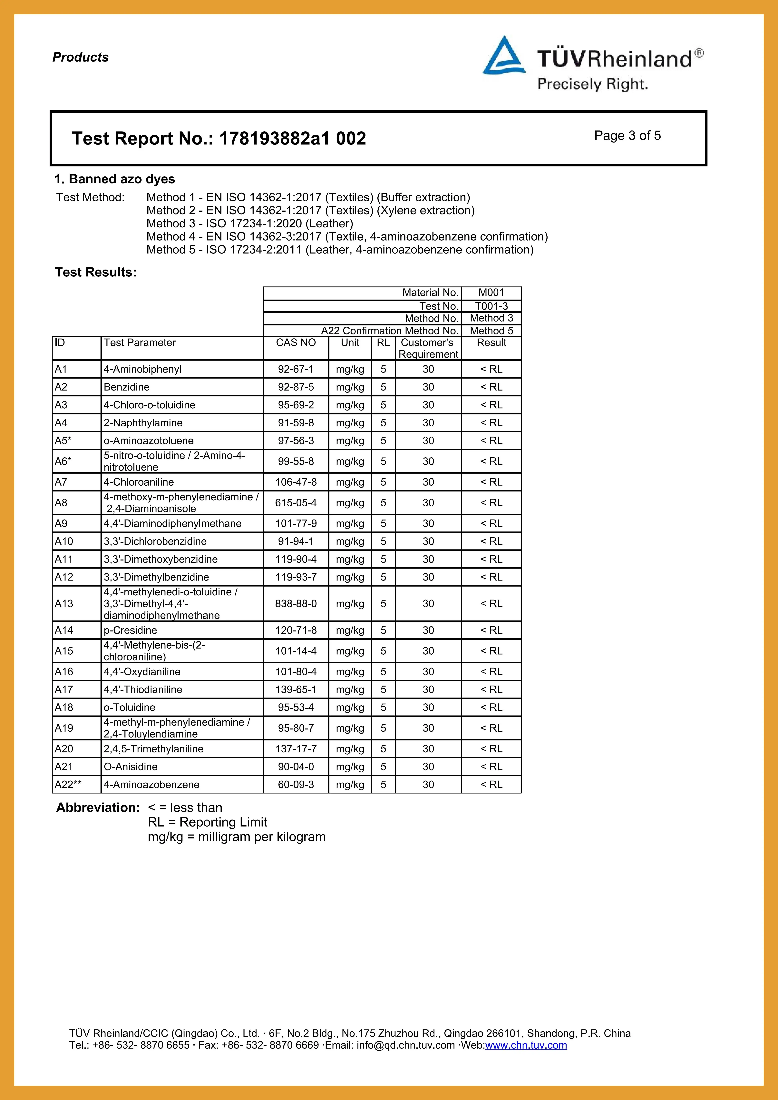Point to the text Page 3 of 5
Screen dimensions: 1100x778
tap(627, 136)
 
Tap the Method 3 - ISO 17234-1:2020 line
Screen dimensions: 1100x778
tap(250, 223)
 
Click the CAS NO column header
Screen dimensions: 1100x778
tap(296, 343)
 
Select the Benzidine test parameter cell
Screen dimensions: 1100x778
tap(126, 387)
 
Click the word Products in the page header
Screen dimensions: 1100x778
tap(81, 57)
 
